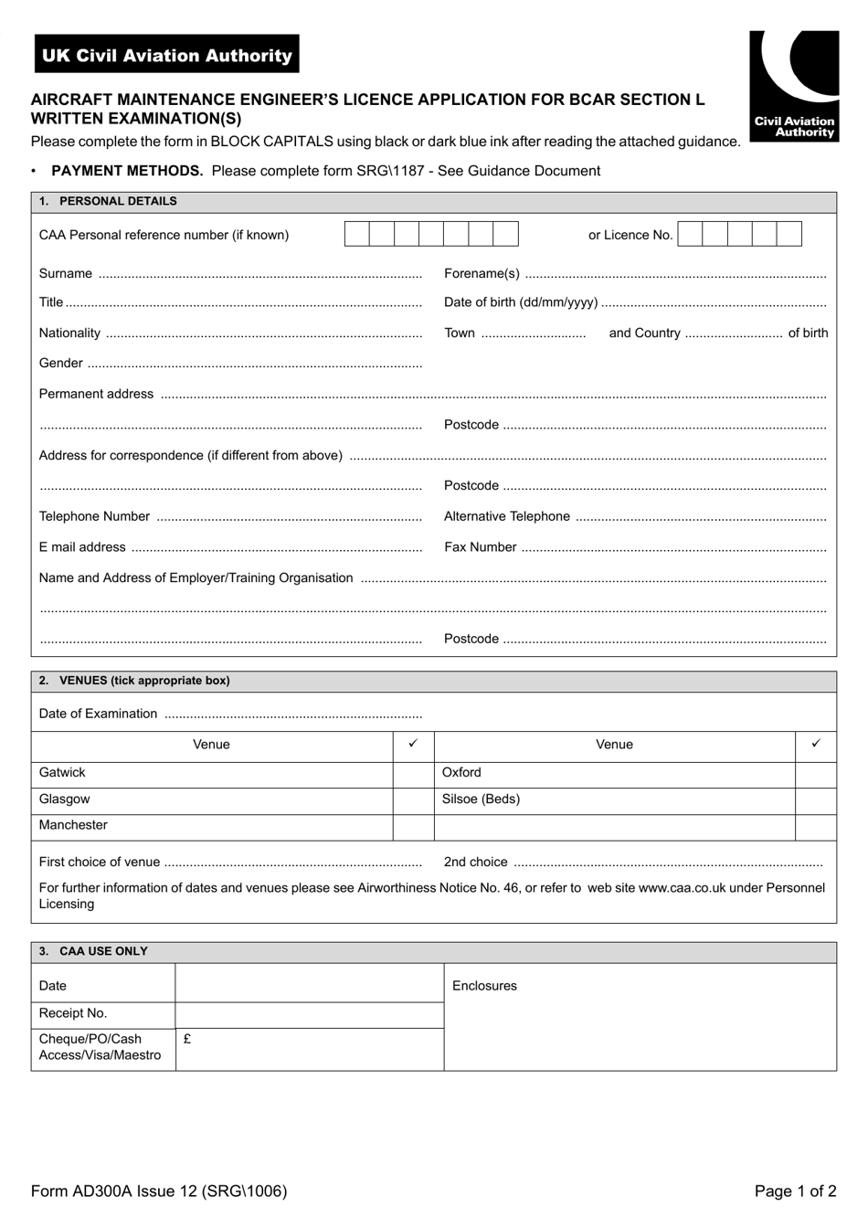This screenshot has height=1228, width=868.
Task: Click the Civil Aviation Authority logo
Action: tap(794, 86)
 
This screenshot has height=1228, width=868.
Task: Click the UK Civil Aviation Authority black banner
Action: tap(167, 55)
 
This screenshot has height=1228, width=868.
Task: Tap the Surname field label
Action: tap(66, 273)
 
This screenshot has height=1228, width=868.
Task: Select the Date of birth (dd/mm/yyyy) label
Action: tap(521, 302)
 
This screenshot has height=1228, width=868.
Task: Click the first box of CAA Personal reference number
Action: tap(357, 235)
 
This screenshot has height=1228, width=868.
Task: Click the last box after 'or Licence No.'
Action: tap(789, 235)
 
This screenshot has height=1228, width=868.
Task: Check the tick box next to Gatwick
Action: tap(413, 774)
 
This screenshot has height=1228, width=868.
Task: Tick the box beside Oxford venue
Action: tap(816, 774)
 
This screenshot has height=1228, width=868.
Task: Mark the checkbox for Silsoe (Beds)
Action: tap(816, 800)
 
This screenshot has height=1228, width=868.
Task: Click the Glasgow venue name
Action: tap(64, 799)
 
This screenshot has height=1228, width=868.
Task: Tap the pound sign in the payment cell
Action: tap(187, 1039)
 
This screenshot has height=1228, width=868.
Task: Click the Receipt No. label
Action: tap(73, 1013)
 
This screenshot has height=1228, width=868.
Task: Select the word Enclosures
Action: tap(484, 986)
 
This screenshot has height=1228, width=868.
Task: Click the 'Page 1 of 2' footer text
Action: tap(795, 1191)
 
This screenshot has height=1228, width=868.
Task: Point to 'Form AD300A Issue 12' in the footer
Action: tap(114, 1191)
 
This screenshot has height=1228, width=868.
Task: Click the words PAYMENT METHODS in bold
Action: tap(127, 171)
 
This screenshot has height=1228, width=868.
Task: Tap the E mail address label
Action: tap(82, 547)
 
